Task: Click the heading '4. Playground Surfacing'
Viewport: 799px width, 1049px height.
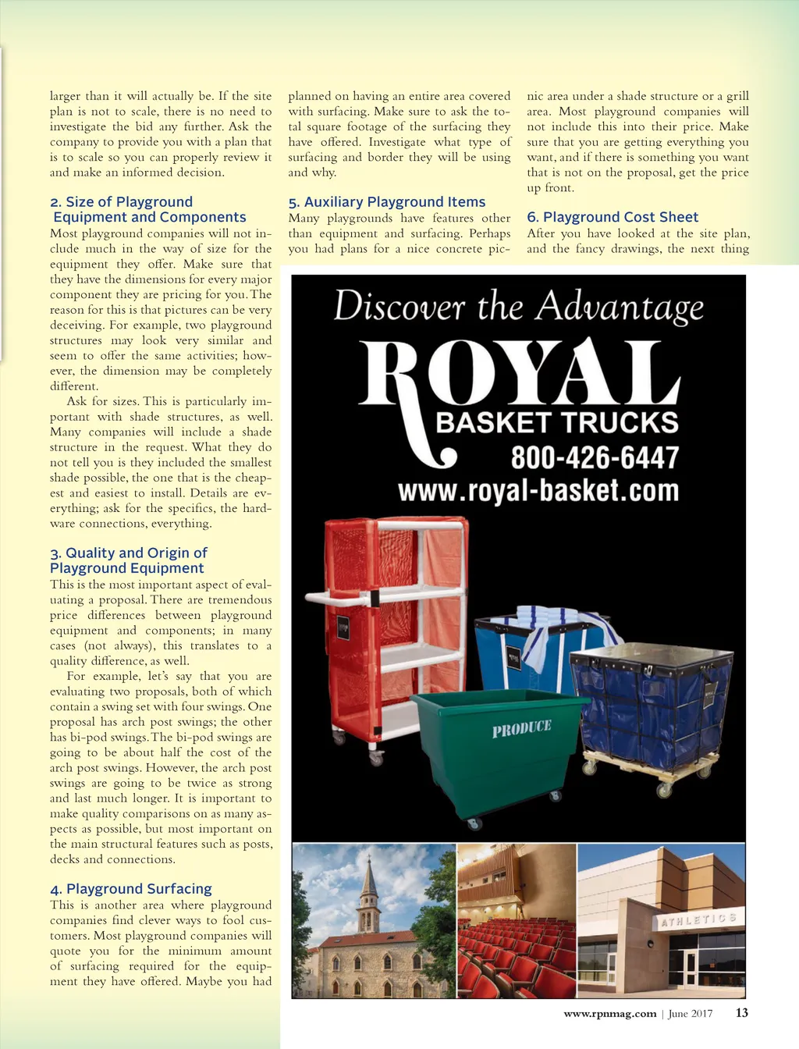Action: tap(131, 889)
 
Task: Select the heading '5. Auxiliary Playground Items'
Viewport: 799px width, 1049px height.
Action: tap(387, 202)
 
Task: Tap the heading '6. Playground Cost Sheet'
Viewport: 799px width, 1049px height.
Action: tap(613, 217)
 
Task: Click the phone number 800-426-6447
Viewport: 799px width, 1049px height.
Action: tap(595, 457)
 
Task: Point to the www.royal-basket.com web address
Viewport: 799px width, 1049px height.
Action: tap(538, 491)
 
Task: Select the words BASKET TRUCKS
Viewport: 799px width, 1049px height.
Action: tap(557, 423)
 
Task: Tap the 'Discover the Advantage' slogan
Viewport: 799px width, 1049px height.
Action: tap(519, 306)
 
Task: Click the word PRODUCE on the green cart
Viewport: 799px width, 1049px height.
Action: tap(521, 728)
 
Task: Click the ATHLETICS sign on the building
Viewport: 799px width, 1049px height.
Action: tap(698, 919)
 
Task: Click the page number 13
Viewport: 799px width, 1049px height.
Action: tap(741, 1013)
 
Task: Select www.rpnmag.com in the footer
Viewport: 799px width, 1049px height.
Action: tap(610, 1014)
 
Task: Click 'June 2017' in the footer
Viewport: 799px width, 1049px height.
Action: tap(691, 1014)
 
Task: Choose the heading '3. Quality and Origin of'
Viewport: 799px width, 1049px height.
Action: tap(129, 553)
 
